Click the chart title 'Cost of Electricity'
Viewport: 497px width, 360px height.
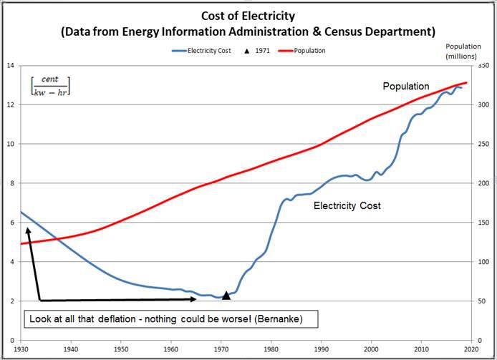[248, 16]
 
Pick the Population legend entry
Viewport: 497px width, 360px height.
[309, 51]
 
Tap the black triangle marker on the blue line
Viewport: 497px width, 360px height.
[226, 295]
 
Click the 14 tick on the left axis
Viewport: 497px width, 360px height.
[10, 66]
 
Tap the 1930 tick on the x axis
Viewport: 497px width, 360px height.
[21, 349]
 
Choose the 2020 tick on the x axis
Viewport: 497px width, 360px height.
[471, 349]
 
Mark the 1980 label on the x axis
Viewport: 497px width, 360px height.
[271, 349]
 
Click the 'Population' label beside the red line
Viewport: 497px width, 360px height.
[406, 87]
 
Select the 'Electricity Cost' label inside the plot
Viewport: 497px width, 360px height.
[347, 206]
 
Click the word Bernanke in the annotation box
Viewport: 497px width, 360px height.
[290, 319]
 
